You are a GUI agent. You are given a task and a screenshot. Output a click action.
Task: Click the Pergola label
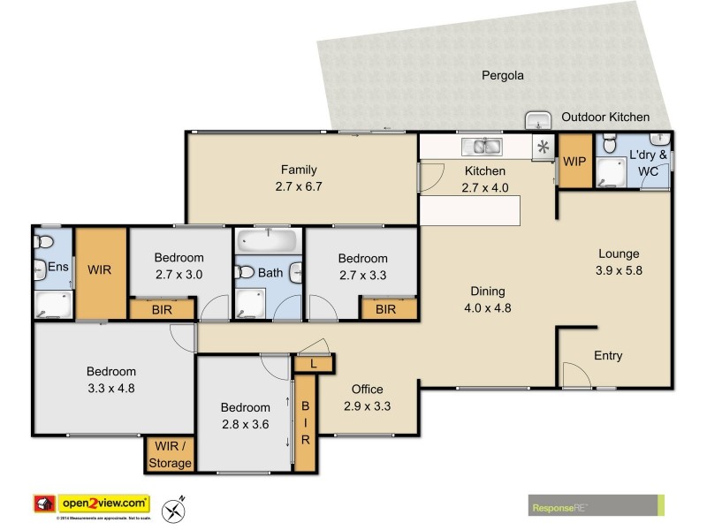tap(502, 76)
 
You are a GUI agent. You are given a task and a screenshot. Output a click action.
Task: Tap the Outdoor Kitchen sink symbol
tap(536, 120)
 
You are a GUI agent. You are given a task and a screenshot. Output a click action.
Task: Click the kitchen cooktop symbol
tap(542, 148)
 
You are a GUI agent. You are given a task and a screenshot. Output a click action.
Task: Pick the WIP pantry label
tap(574, 162)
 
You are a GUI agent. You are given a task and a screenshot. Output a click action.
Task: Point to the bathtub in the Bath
tap(269, 241)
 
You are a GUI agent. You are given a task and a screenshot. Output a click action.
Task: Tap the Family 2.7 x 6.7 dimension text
tap(299, 186)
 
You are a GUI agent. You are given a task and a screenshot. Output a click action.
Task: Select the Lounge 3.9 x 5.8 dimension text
tap(618, 270)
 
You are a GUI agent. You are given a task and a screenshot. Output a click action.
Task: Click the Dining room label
tap(487, 291)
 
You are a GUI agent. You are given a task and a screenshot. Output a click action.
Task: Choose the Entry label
tap(608, 356)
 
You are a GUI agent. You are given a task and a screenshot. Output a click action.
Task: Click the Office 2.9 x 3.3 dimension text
tap(368, 406)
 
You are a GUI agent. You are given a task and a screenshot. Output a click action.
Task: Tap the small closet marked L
tap(313, 363)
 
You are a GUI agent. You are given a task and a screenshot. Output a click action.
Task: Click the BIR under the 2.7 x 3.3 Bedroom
tap(385, 310)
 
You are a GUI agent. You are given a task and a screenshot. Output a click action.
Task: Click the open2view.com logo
tap(92, 503)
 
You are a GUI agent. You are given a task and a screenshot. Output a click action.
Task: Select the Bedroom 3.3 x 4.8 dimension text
tap(111, 387)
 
